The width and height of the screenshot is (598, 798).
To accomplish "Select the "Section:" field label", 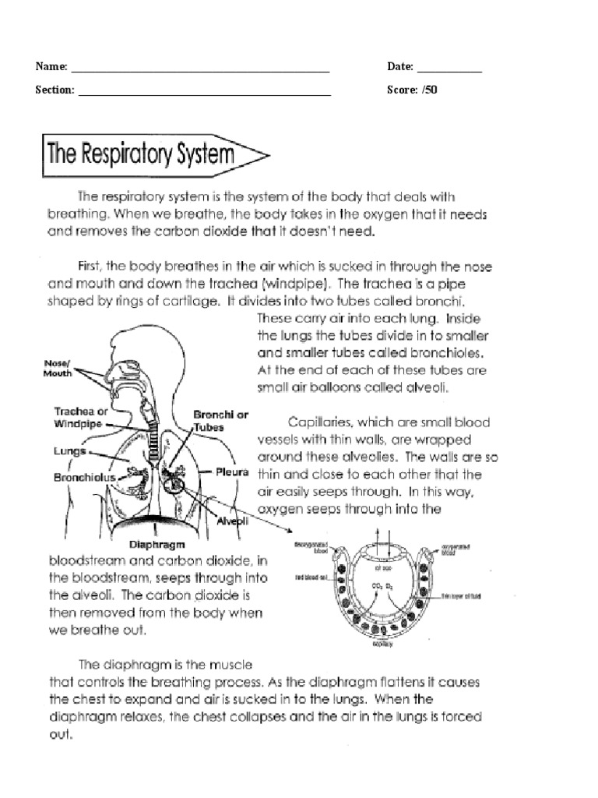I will coord(55,90).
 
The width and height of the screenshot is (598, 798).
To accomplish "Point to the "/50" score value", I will coord(429,90).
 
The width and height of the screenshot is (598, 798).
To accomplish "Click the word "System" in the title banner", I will coord(195,152).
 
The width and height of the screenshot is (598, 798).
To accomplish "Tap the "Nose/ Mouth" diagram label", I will coord(58,368).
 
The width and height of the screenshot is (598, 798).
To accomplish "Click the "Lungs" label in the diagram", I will coord(69,450).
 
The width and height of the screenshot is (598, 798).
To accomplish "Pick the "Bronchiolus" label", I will coord(84,476).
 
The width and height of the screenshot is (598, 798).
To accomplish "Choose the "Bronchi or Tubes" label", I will coord(220,421).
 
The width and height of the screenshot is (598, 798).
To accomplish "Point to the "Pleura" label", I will coord(233,471).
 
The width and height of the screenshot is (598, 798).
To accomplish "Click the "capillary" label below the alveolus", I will coord(381,646).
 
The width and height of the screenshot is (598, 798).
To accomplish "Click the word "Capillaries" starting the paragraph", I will coord(320,422).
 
